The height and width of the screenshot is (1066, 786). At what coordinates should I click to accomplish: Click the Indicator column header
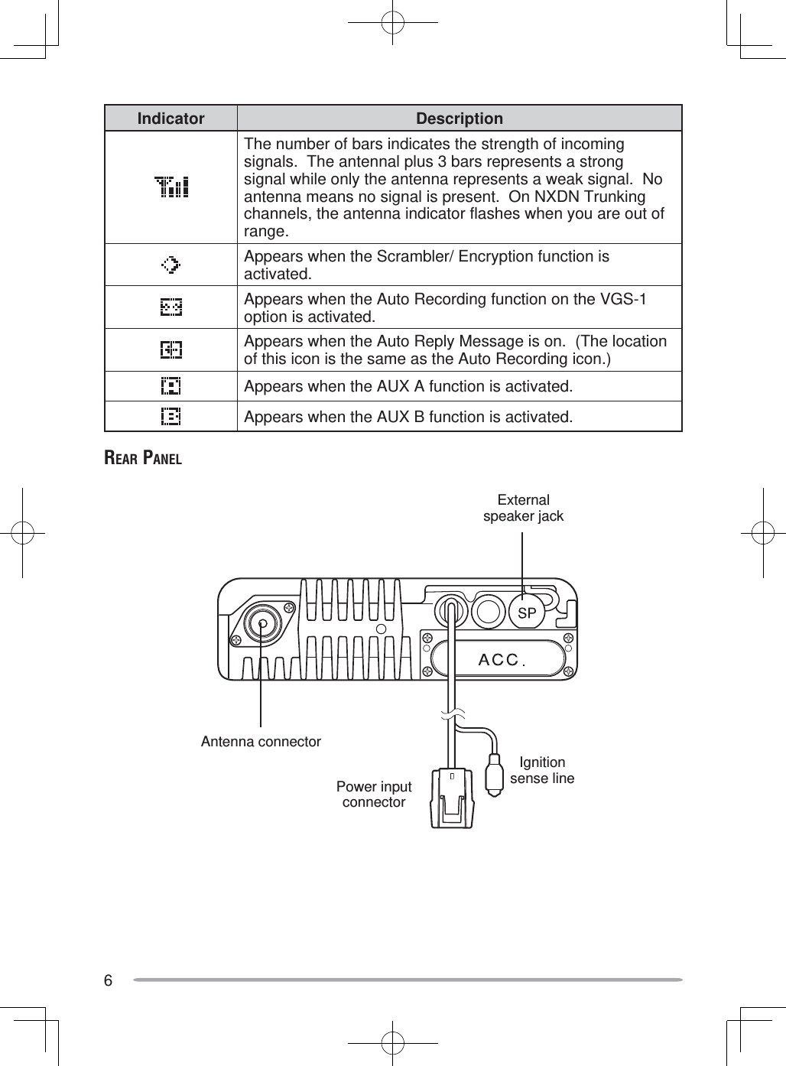(171, 119)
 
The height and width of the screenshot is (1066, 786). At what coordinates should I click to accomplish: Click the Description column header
(459, 119)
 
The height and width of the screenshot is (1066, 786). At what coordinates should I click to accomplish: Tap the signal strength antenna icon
(171, 187)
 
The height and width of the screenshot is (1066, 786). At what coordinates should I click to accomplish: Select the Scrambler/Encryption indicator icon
(171, 265)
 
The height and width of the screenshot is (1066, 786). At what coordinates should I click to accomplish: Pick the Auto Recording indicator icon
(171, 307)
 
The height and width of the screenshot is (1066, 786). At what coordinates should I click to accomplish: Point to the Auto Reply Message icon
(171, 350)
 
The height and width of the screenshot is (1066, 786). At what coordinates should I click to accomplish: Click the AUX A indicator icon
(171, 386)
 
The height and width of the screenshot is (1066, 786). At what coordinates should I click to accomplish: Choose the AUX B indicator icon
(171, 417)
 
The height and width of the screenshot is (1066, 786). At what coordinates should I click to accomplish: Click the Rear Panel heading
(143, 459)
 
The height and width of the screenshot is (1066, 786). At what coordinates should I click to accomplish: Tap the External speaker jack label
(523, 509)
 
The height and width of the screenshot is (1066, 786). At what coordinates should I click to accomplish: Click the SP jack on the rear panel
(527, 613)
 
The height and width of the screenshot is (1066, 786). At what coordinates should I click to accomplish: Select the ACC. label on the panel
(500, 660)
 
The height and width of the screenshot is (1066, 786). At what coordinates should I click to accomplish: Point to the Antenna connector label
(261, 742)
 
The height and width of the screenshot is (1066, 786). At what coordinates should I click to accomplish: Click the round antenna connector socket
(263, 623)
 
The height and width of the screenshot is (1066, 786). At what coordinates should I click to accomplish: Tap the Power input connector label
(374, 794)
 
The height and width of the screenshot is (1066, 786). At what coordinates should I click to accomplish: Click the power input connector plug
(452, 798)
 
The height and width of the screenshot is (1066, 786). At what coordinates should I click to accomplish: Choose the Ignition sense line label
(542, 770)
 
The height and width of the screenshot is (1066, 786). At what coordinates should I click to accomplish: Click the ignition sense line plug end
(495, 775)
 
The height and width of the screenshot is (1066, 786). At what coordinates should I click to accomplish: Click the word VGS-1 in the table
(623, 299)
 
